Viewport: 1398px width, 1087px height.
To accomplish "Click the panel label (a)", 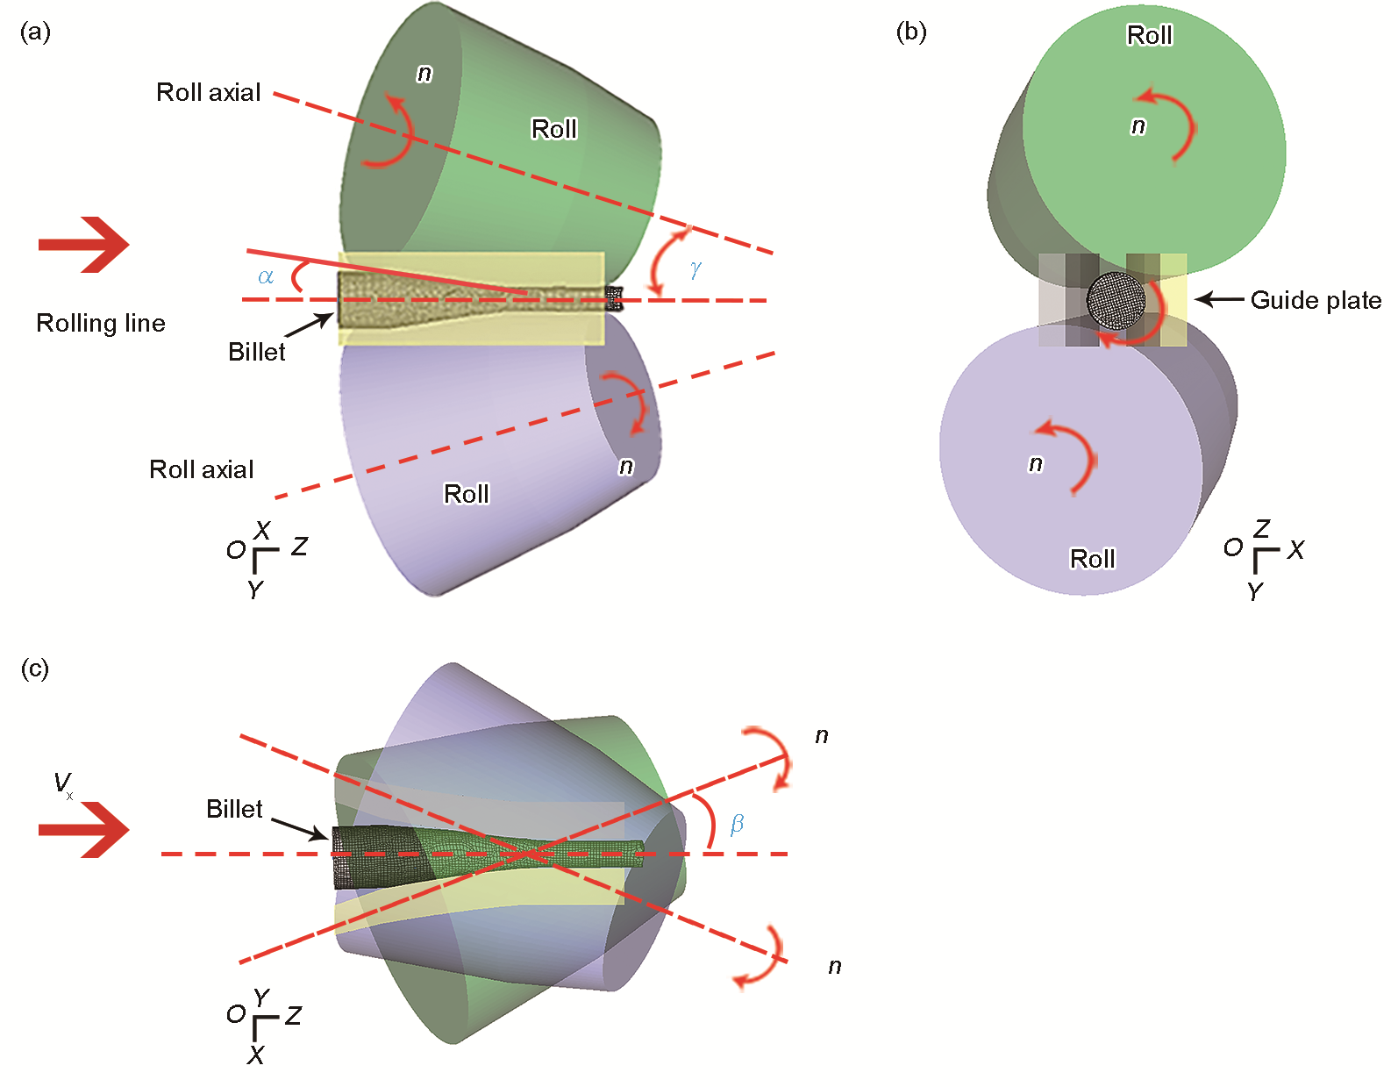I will click(x=35, y=32).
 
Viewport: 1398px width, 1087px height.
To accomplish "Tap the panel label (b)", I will click(x=911, y=32).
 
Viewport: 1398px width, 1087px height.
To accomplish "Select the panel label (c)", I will click(x=35, y=669).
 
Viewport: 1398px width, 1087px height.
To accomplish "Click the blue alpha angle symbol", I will click(x=266, y=277).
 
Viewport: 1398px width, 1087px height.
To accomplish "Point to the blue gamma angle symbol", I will click(x=695, y=269).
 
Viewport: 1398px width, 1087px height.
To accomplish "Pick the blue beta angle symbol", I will click(x=737, y=823).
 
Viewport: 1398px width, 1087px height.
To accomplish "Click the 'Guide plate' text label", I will click(x=1315, y=300).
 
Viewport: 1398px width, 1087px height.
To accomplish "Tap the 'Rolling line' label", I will click(x=101, y=323).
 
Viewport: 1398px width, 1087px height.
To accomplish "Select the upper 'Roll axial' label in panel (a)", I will click(x=208, y=92).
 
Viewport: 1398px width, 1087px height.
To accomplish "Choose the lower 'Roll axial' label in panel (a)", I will click(x=201, y=469).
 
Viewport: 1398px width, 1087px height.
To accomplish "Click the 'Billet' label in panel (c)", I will click(x=234, y=809).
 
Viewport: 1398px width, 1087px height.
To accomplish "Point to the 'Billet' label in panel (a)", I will click(x=256, y=352).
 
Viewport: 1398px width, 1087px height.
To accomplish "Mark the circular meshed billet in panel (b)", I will click(x=1116, y=300).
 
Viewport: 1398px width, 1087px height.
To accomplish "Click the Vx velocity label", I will click(x=63, y=783).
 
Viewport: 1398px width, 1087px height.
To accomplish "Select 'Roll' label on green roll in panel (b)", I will click(x=1149, y=35).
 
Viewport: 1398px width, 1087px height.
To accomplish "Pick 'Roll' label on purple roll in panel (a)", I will click(x=466, y=494).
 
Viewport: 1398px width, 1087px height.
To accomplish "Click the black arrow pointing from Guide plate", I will click(x=1219, y=300).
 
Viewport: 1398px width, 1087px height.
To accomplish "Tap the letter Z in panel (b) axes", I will click(x=1262, y=528).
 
